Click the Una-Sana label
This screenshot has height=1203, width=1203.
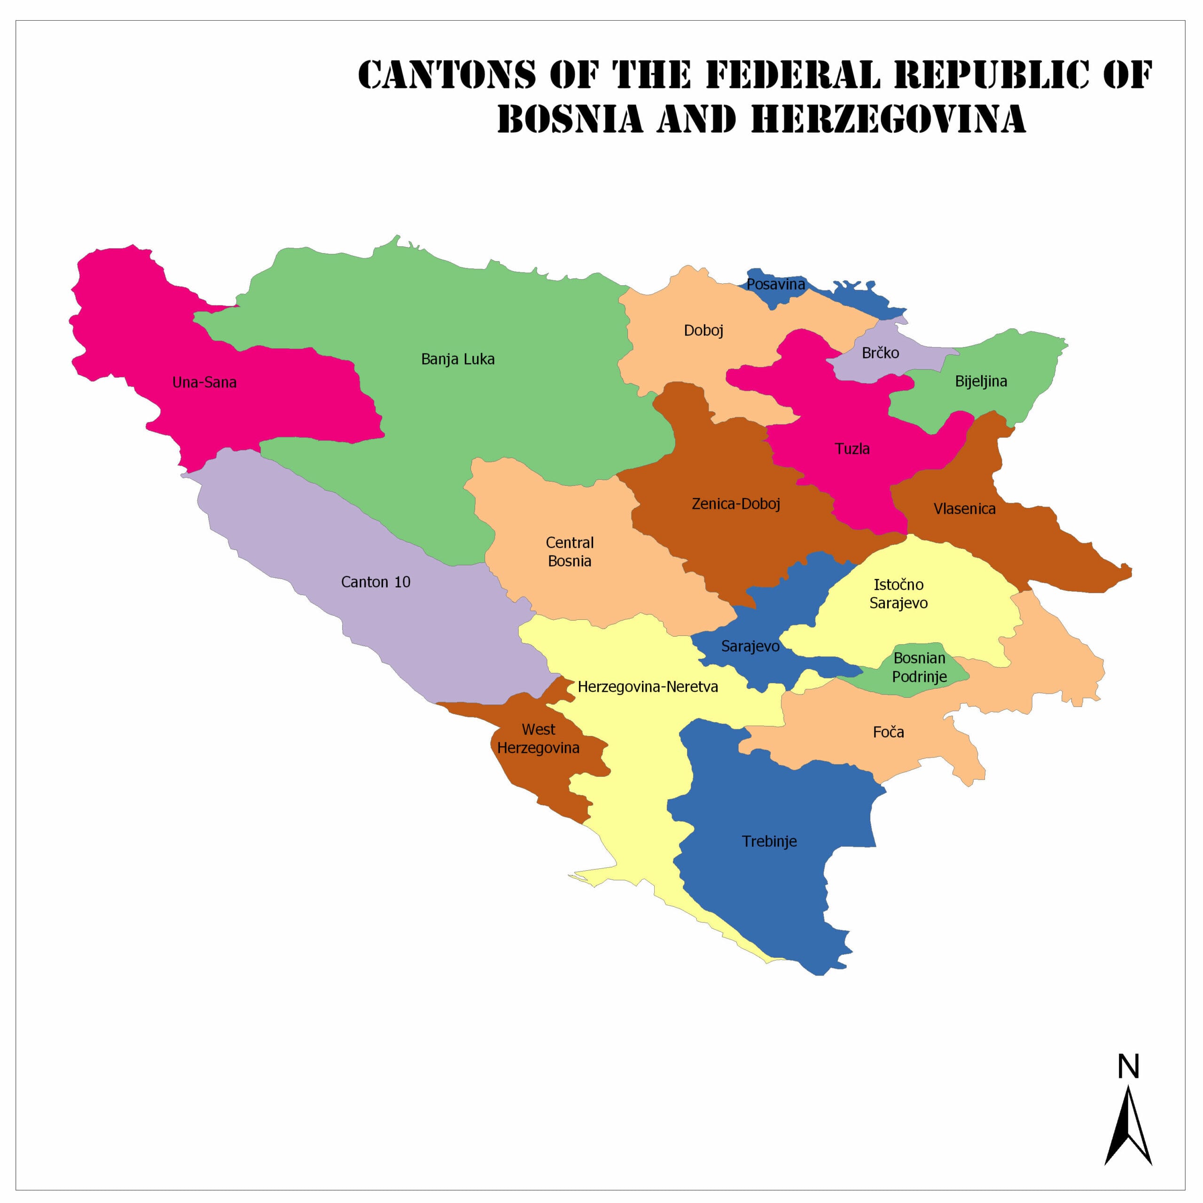point(204,383)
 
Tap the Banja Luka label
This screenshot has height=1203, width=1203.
point(458,359)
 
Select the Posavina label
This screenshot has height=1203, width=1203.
point(775,285)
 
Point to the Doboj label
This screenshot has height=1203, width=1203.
point(703,331)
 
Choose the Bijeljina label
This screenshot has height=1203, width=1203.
point(981,381)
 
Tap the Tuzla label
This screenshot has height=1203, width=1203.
point(852,449)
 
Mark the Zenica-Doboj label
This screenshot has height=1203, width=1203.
point(735,504)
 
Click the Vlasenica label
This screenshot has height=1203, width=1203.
point(964,509)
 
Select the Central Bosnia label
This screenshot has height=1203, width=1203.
point(569,552)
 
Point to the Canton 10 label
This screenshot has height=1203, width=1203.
point(375,582)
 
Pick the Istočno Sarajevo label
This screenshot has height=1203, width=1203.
point(898,594)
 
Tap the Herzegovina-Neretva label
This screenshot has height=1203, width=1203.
point(648,687)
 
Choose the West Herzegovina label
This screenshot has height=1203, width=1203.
point(538,739)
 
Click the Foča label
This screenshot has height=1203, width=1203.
point(888,732)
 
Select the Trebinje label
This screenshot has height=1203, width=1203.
point(769,841)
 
